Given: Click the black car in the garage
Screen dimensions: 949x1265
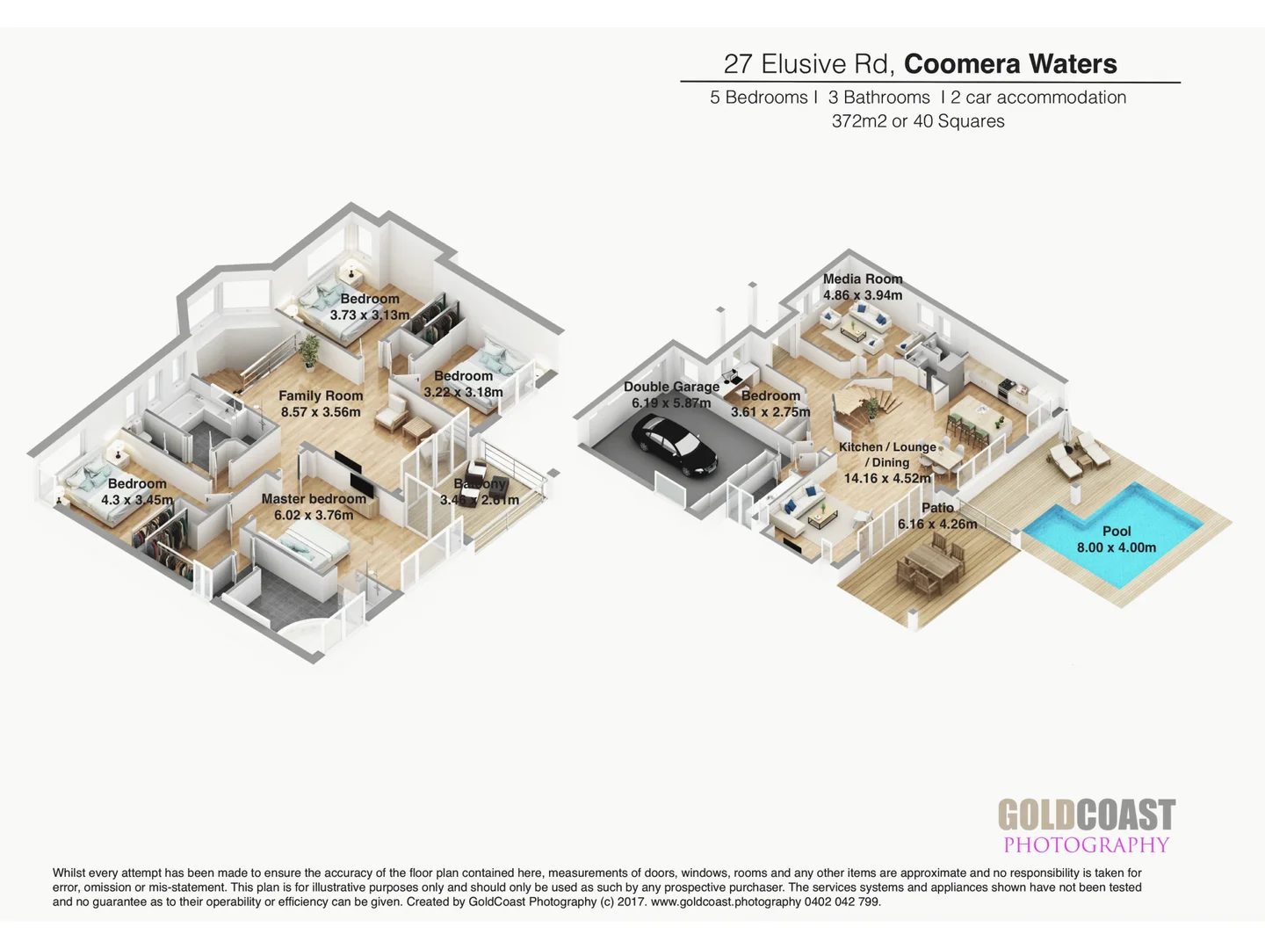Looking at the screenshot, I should [x=674, y=446].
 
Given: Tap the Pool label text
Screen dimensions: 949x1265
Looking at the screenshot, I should [x=1117, y=531].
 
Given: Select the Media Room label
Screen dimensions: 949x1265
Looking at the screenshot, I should [x=862, y=279].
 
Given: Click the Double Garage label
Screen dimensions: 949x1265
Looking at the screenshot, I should [x=671, y=387].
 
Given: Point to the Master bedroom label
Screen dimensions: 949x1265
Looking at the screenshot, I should [x=314, y=499].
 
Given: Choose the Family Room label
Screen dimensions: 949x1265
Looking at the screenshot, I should [x=321, y=396].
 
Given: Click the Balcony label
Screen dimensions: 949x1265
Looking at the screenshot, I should [x=480, y=484].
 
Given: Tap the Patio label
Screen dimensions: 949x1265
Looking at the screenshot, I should [x=937, y=508].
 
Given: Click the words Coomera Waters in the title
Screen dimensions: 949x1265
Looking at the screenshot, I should [x=1010, y=64].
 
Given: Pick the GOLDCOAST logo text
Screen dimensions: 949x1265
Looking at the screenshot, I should [x=1086, y=815].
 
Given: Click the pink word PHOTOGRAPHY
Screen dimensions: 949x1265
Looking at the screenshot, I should [x=1086, y=845].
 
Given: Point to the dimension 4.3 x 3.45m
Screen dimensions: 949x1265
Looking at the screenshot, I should [x=137, y=500].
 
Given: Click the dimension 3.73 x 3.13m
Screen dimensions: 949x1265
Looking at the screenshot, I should [x=370, y=315].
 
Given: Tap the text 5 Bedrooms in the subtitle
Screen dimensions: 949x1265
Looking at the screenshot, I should [x=758, y=98].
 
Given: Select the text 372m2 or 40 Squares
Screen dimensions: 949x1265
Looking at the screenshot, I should [x=918, y=121].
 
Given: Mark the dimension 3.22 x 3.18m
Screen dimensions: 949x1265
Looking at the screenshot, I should [x=463, y=392].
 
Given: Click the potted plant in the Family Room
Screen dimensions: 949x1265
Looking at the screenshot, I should [x=308, y=351].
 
